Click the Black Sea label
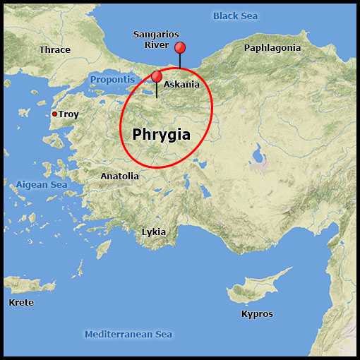[x=236, y=16]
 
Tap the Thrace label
[x=55, y=49]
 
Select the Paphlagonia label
[x=272, y=48]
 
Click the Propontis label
[x=112, y=79]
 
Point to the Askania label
[x=181, y=85]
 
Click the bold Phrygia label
[x=162, y=133]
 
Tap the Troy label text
[x=68, y=114]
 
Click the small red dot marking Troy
[x=54, y=114]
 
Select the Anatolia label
[x=119, y=176]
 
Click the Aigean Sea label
[x=42, y=185]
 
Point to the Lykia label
[x=154, y=232]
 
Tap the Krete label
[x=20, y=302]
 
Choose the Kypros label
[x=257, y=314]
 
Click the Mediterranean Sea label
[x=128, y=334]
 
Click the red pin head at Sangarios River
[x=180, y=47]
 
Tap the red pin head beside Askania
[x=157, y=76]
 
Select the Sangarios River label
[x=156, y=40]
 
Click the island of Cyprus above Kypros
[x=254, y=292]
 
